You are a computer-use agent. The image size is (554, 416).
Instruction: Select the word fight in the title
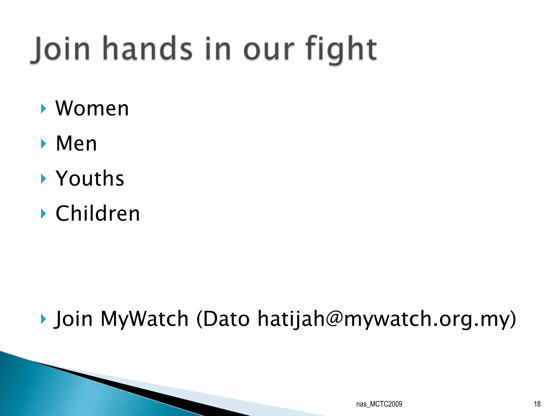(x=341, y=49)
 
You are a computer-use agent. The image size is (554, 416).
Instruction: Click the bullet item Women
(x=92, y=108)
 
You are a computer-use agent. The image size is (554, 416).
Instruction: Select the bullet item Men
(x=76, y=143)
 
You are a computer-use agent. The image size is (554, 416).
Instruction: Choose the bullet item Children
(x=98, y=213)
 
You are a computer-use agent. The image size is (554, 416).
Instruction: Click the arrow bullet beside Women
(x=43, y=109)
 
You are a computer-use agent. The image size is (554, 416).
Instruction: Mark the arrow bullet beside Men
(x=43, y=144)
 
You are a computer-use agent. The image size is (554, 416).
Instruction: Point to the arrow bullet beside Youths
(x=43, y=178)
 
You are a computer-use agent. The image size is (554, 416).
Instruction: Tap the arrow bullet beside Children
(x=43, y=214)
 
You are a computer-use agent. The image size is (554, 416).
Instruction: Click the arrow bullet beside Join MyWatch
(x=43, y=319)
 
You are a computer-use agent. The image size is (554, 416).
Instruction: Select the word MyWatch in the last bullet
(x=144, y=319)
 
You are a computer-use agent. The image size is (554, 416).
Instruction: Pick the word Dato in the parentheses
(x=226, y=319)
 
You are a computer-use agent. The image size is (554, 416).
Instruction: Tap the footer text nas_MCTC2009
(x=379, y=404)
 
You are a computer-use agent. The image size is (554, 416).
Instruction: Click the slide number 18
(x=537, y=404)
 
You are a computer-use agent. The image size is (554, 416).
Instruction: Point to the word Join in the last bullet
(x=74, y=319)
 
